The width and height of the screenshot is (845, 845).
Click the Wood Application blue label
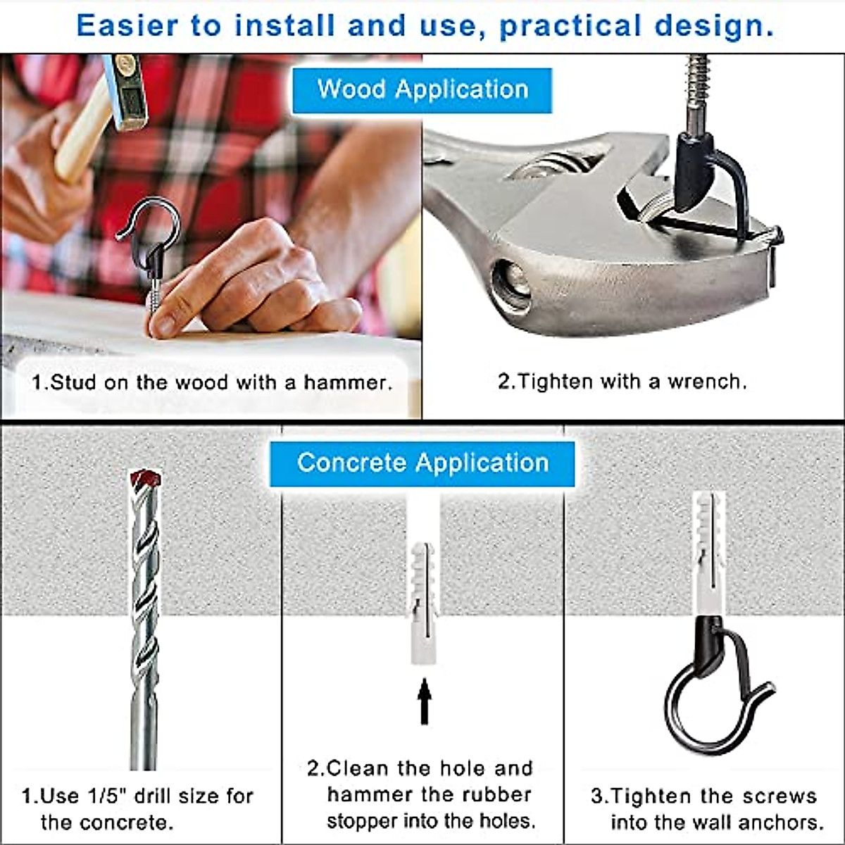[x=422, y=90]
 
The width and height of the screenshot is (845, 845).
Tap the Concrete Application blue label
[x=422, y=463]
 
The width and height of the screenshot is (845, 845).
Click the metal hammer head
[x=123, y=92]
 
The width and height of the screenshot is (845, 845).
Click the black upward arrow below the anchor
[x=424, y=701]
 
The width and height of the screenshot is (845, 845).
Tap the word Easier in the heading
[x=127, y=26]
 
